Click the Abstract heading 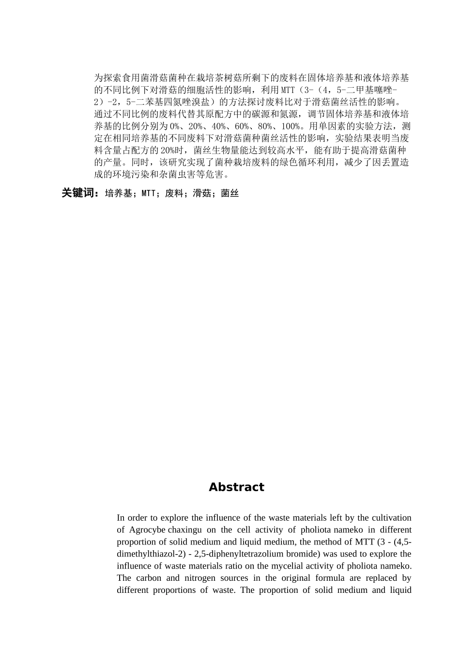236,487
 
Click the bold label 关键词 80,193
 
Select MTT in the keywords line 148,194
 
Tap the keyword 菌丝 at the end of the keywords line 230,194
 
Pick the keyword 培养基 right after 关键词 119,194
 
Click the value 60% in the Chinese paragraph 242,126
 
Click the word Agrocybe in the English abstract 148,530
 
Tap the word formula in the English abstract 331,578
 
